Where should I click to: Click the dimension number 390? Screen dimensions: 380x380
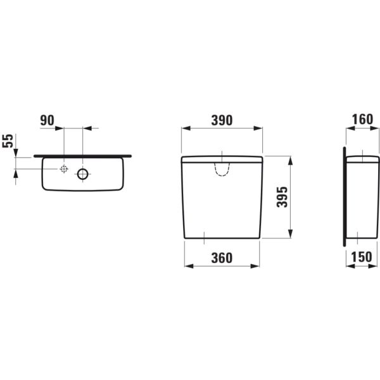pyautogui.click(x=222, y=120)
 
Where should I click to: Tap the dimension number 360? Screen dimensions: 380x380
pyautogui.click(x=222, y=258)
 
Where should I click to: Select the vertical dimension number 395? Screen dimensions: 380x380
pyautogui.click(x=282, y=197)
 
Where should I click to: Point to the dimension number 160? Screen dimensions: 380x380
pyautogui.click(x=362, y=120)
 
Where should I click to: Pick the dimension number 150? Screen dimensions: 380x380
pyautogui.click(x=362, y=257)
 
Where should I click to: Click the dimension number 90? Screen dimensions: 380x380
pyautogui.click(x=47, y=120)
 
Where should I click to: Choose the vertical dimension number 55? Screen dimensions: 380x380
pyautogui.click(x=8, y=141)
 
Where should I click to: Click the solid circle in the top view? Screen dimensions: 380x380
pyautogui.click(x=82, y=174)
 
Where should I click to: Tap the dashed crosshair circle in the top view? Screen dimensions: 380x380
pyautogui.click(x=64, y=169)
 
